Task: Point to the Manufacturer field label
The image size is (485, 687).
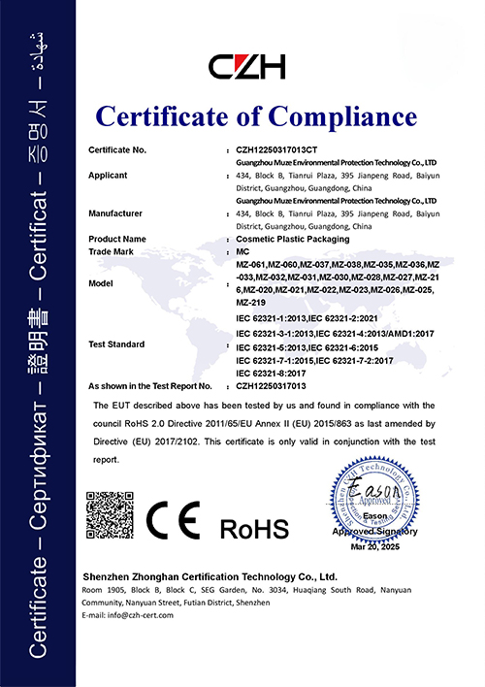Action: [x=116, y=212]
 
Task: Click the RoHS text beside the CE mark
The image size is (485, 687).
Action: [x=254, y=529]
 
